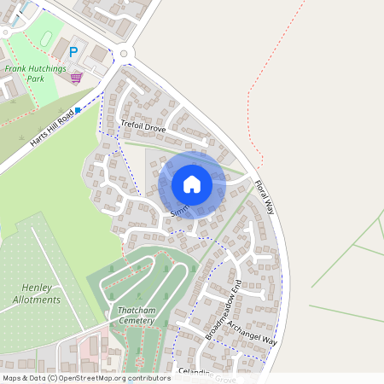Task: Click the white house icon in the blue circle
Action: pyautogui.click(x=192, y=184)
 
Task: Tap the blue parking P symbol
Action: pyautogui.click(x=73, y=52)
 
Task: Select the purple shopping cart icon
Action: pyautogui.click(x=76, y=79)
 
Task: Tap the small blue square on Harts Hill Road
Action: pyautogui.click(x=79, y=110)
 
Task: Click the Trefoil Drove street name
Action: pyautogui.click(x=143, y=127)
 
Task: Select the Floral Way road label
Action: pyautogui.click(x=266, y=195)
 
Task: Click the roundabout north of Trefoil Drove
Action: pyautogui.click(x=125, y=54)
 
